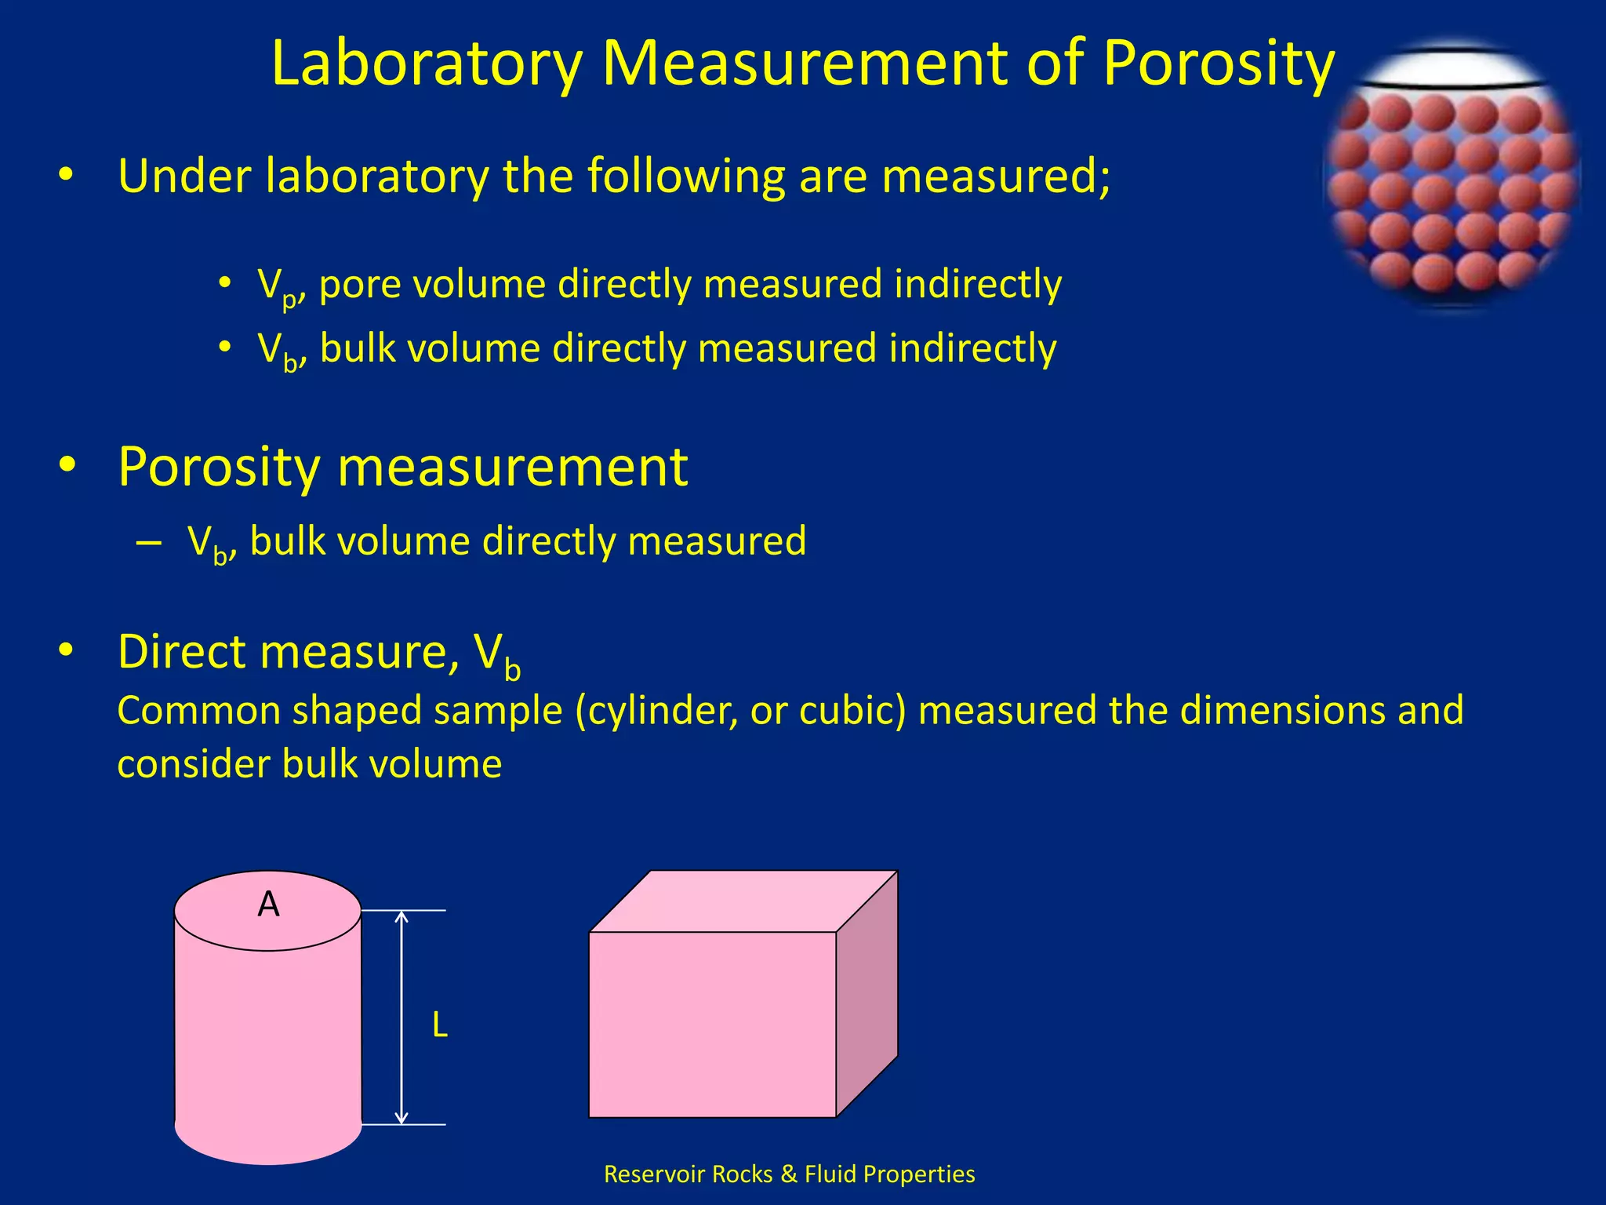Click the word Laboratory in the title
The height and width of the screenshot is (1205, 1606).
pyautogui.click(x=427, y=64)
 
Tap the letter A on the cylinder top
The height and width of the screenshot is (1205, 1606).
pyautogui.click(x=268, y=905)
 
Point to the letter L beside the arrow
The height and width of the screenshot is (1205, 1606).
pyautogui.click(x=440, y=1025)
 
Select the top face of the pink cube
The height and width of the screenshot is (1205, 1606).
pyautogui.click(x=743, y=901)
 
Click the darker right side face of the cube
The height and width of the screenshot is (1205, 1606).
pyautogui.click(x=867, y=994)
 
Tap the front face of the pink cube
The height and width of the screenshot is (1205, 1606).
pyautogui.click(x=712, y=1024)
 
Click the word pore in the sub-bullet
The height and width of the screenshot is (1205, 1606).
pyautogui.click(x=357, y=284)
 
